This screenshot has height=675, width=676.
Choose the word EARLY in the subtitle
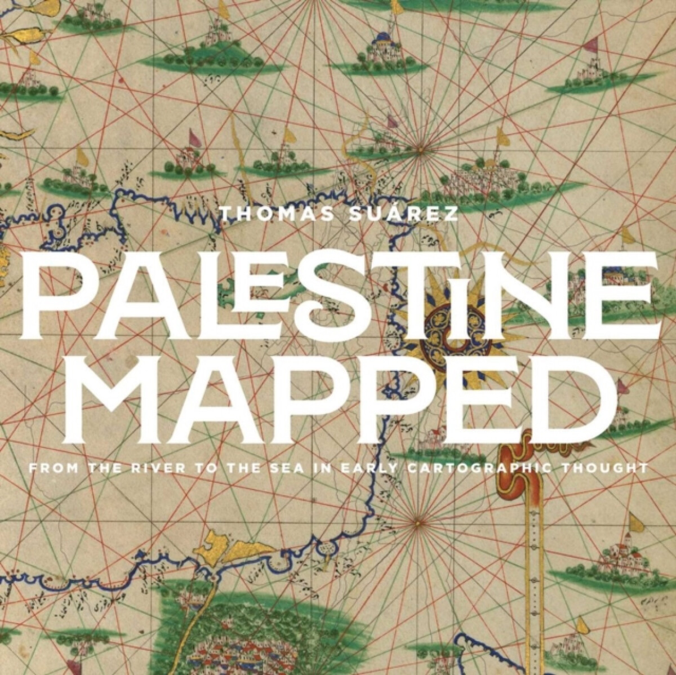(343, 467)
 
